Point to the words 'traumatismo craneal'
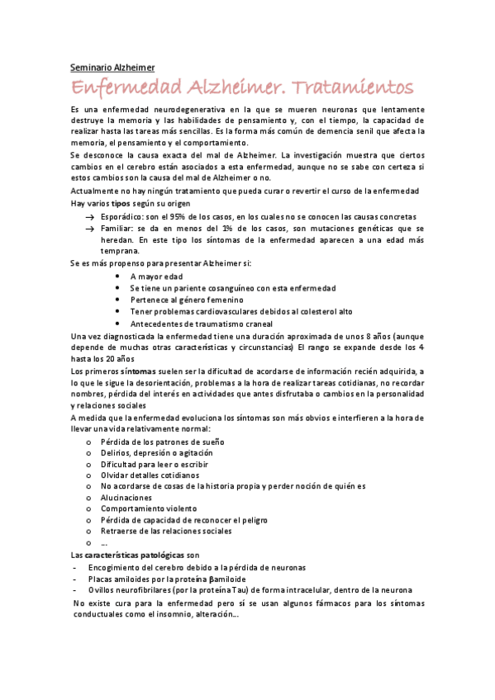(234, 324)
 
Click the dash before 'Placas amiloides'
(76, 579)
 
